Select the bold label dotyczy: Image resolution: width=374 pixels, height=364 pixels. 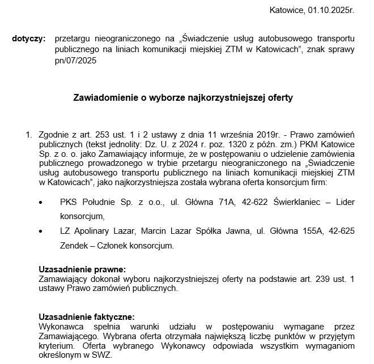[28, 39]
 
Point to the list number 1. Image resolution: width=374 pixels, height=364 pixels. [29, 135]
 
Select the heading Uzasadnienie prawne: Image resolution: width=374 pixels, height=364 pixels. [82, 269]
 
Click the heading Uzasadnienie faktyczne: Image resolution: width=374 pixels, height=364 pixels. [87, 317]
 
